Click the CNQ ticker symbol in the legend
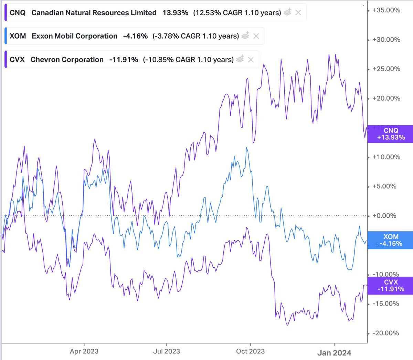(18, 13)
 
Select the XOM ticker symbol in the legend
(18, 36)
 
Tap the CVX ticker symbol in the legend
(17, 60)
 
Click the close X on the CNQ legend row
(298, 13)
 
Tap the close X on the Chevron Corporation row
(251, 60)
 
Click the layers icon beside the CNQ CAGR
(287, 12)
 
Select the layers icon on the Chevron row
(240, 59)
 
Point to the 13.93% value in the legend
(176, 13)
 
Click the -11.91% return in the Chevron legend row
(124, 60)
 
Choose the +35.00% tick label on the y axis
(386, 10)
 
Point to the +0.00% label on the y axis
(384, 216)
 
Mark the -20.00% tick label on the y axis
(386, 333)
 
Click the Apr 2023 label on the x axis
(84, 351)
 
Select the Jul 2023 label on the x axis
(167, 351)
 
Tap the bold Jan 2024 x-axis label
(334, 353)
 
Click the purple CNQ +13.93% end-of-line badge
(390, 134)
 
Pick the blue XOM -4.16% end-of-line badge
(390, 240)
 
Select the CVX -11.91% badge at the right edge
(390, 286)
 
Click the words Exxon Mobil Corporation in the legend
(74, 36)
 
